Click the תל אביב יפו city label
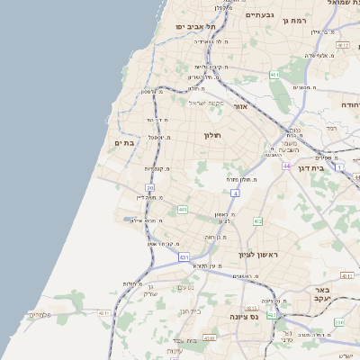(193, 28)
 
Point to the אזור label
(240, 107)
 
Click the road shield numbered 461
(273, 76)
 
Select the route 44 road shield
(286, 166)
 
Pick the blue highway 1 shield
(338, 166)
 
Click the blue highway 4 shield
(235, 193)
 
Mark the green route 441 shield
(183, 210)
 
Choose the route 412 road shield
(257, 220)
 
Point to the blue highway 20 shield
(150, 188)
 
